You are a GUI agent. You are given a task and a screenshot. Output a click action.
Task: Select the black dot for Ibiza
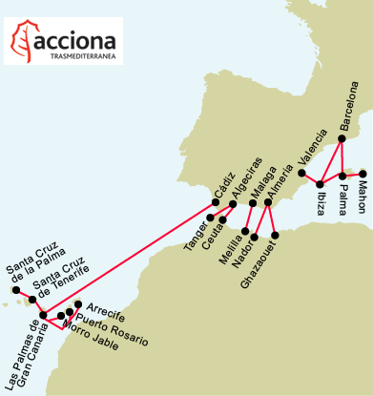click(320, 183)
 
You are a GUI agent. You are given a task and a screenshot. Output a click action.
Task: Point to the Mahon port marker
click(363, 174)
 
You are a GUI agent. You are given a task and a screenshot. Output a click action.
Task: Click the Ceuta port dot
click(222, 219)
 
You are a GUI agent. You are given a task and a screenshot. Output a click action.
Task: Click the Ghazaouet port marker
click(275, 235)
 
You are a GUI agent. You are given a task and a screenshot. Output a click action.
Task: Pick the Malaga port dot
click(253, 202)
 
